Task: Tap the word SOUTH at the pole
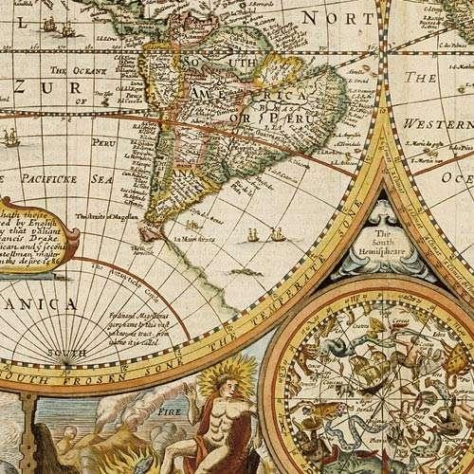tap(73, 354)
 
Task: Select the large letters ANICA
tap(38, 303)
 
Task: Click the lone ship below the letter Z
tap(11, 137)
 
